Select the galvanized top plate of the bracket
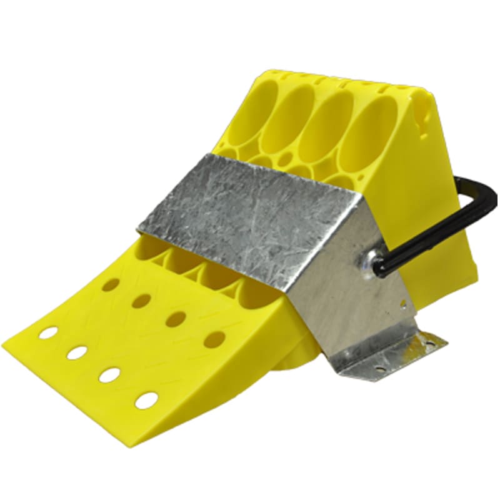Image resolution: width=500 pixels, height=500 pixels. tap(250, 212)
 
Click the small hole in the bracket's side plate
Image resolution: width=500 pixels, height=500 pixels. tap(403, 304)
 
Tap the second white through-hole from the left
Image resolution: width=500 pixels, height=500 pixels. tap(77, 352)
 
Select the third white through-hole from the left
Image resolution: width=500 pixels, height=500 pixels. tap(109, 374)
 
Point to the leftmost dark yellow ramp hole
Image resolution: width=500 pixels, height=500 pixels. tap(111, 285)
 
